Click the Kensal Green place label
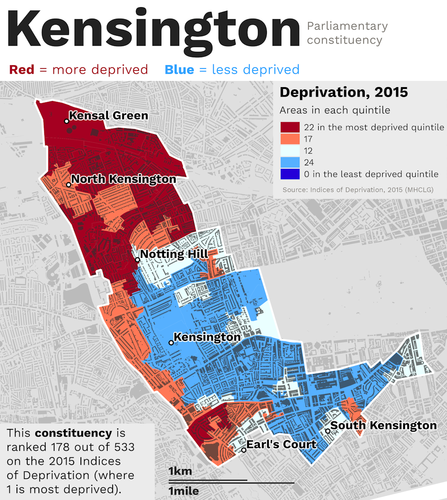pyautogui.click(x=109, y=116)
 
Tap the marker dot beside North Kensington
pyautogui.click(x=69, y=185)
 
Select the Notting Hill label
pyautogui.click(x=174, y=255)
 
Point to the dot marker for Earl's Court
pyautogui.click(x=244, y=450)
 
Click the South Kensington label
pyautogui.click(x=384, y=425)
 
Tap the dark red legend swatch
pyautogui.click(x=290, y=127)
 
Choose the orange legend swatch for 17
pyautogui.click(x=290, y=139)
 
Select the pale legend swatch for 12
pyautogui.click(x=290, y=151)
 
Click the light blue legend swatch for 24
pyautogui.click(x=290, y=162)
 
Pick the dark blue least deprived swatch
pyautogui.click(x=290, y=174)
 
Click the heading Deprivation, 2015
pyautogui.click(x=344, y=92)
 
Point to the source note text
pyautogui.click(x=358, y=190)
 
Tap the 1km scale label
pyautogui.click(x=180, y=471)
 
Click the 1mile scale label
pyautogui.click(x=183, y=492)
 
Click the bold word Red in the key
pyautogui.click(x=21, y=70)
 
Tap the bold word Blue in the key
pyautogui.click(x=179, y=70)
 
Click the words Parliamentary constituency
pyautogui.click(x=347, y=33)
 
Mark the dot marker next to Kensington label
pyautogui.click(x=171, y=343)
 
